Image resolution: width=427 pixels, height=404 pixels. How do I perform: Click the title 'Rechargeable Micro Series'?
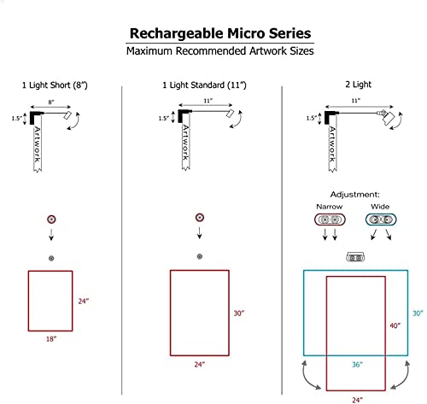coord(213,33)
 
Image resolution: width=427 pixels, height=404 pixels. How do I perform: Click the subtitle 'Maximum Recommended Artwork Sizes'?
coord(213,52)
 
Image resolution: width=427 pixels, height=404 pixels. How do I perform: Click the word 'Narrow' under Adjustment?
coord(328,206)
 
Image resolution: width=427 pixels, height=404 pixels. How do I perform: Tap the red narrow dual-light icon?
coord(328,220)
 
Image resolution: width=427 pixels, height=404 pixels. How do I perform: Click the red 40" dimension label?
coord(395,325)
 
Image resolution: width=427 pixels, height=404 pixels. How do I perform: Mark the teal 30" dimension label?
coord(417,313)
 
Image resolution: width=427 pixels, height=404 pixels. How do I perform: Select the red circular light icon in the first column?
coord(52,219)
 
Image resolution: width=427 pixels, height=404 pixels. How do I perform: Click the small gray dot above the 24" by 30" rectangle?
coord(199,256)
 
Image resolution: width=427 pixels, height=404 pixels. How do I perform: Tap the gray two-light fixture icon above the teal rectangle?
coord(353,256)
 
